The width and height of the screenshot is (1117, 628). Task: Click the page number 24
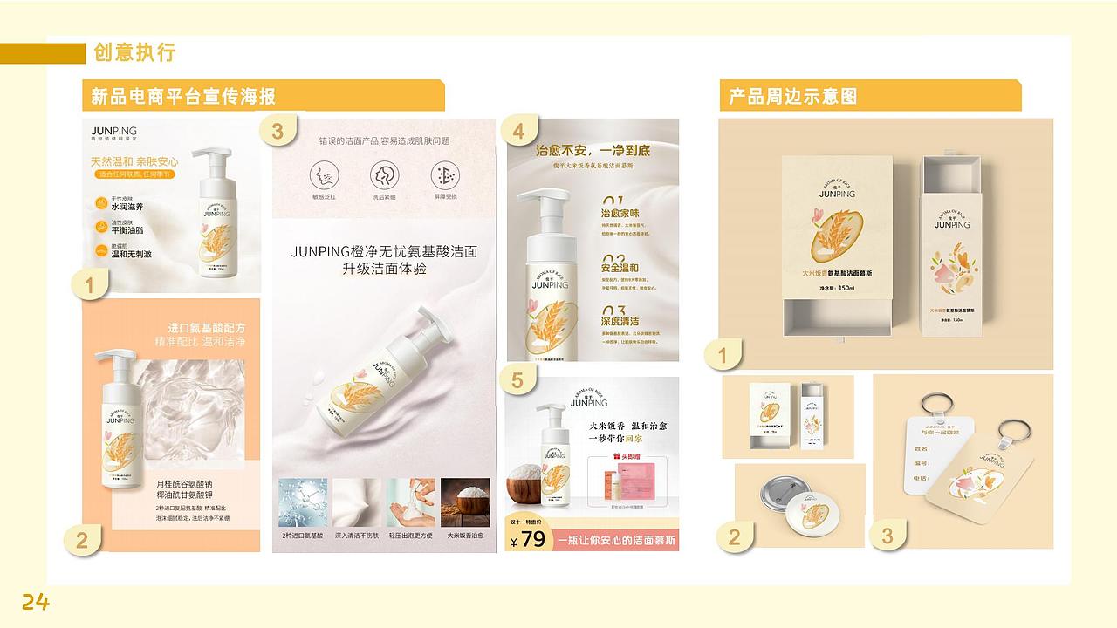36,601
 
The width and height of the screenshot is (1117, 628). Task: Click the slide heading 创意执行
134,52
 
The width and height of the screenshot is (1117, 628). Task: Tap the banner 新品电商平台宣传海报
183,96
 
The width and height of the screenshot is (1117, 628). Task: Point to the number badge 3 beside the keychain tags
887,535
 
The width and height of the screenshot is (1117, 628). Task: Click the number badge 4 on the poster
519,132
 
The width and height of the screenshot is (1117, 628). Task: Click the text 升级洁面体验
384,269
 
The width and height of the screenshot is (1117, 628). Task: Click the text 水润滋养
127,207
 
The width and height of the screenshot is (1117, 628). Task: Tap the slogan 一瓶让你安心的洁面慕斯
617,540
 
